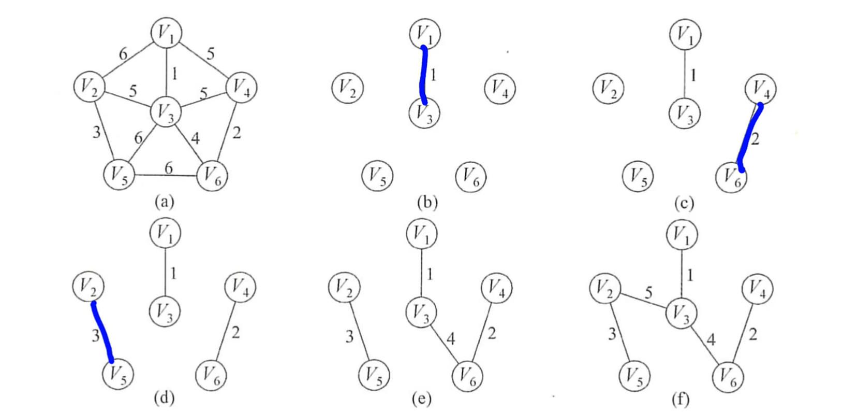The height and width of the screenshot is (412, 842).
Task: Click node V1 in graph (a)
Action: [x=167, y=34]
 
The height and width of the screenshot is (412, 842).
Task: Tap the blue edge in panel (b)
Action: [x=423, y=75]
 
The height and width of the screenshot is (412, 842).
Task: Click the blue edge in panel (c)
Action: [x=749, y=137]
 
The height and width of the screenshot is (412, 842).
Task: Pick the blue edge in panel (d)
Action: [x=102, y=332]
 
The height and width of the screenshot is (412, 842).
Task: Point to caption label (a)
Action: [x=165, y=202]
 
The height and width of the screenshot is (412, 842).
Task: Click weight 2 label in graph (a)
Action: [x=237, y=133]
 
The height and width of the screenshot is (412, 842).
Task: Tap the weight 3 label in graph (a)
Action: [x=96, y=133]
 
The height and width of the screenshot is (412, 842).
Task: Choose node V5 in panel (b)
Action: [x=377, y=176]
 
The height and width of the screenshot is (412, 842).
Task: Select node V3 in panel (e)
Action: [x=421, y=312]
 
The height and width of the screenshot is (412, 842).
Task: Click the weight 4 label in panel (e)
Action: [x=451, y=339]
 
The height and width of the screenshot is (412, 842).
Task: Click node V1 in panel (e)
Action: [x=422, y=234]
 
